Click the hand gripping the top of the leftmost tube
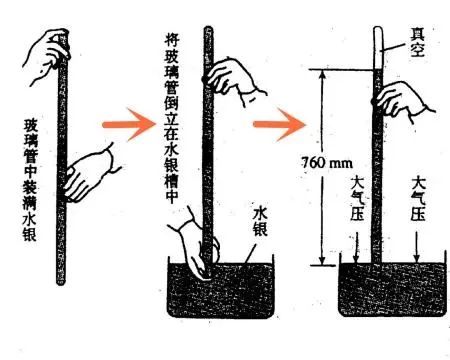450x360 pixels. coord(46,45)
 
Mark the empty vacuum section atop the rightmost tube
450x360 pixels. coord(378,45)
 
